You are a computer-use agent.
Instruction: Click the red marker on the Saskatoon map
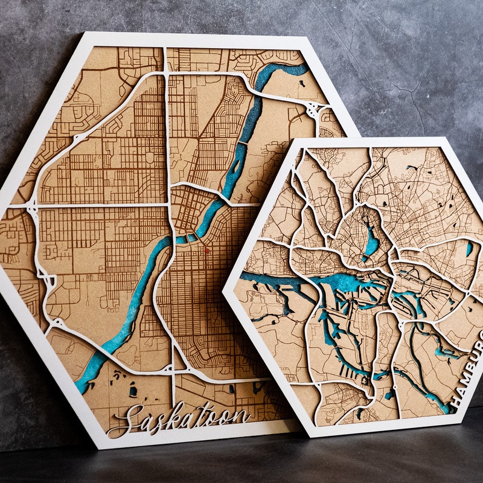206,249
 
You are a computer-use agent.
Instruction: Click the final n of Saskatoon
241,415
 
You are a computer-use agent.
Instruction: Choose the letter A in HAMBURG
458,388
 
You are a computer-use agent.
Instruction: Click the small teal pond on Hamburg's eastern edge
469,248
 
